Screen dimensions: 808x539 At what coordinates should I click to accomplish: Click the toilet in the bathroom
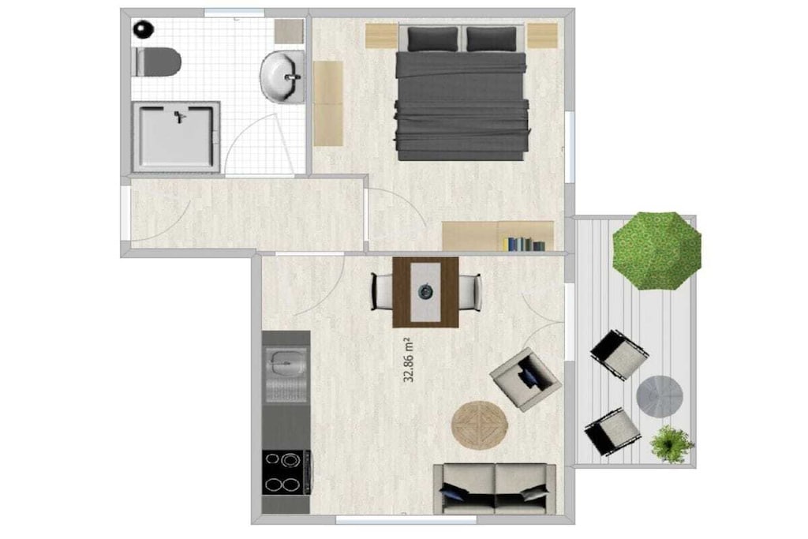[158, 62]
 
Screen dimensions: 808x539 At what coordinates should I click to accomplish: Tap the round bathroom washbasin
[282, 77]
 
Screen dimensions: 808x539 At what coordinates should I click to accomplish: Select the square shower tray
[176, 137]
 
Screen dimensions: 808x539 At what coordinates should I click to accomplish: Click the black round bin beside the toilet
[144, 28]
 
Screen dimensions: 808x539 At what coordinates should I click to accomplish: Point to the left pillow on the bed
[432, 39]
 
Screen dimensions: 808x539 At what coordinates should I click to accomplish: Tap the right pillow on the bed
[491, 39]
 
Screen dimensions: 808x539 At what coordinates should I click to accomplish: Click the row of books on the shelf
[526, 244]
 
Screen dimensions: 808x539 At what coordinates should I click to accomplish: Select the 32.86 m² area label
[409, 360]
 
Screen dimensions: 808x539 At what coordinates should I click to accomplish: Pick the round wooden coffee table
[480, 425]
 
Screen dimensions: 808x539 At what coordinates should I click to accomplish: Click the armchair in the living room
[525, 380]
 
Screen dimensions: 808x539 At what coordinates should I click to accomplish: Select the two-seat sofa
[495, 489]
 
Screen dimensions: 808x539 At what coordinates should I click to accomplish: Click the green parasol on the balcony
[656, 251]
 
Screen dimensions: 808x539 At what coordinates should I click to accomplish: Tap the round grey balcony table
[660, 395]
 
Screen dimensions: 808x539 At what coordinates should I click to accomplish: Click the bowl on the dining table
[425, 292]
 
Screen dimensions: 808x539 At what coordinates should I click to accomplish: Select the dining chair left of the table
[382, 292]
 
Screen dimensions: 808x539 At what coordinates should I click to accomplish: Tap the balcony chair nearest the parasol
[619, 355]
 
